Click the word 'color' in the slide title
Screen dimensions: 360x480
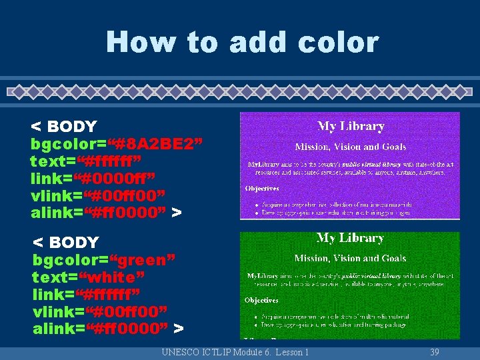(x=339, y=42)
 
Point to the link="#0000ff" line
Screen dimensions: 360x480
(x=93, y=178)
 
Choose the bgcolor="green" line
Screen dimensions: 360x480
(x=105, y=259)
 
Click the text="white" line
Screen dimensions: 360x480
(x=88, y=276)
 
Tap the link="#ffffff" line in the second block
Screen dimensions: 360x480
(x=94, y=293)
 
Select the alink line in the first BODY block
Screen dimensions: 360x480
(x=106, y=213)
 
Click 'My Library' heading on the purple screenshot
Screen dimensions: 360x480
(x=351, y=126)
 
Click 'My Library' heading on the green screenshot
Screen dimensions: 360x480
(x=350, y=238)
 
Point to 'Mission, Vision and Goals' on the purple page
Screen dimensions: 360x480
(x=350, y=147)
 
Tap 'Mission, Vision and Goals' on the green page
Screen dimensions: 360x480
(x=350, y=258)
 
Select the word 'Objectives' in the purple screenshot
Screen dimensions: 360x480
(x=262, y=189)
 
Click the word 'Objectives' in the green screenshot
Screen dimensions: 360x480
(x=262, y=301)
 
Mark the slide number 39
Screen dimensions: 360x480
(x=434, y=352)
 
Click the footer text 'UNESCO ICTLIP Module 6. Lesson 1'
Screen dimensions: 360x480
(x=235, y=352)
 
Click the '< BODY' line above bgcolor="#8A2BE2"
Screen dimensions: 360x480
(x=64, y=126)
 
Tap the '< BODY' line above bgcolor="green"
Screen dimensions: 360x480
(x=66, y=241)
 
